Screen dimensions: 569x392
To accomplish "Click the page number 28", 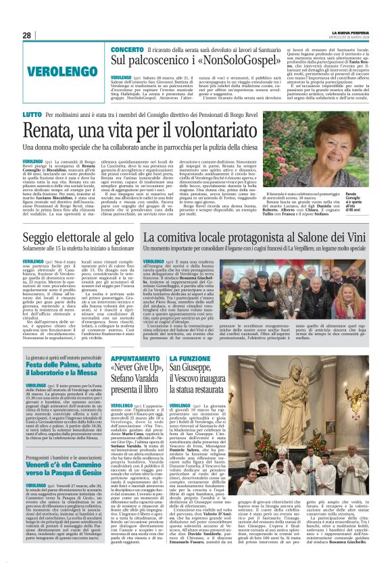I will [27, 35].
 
